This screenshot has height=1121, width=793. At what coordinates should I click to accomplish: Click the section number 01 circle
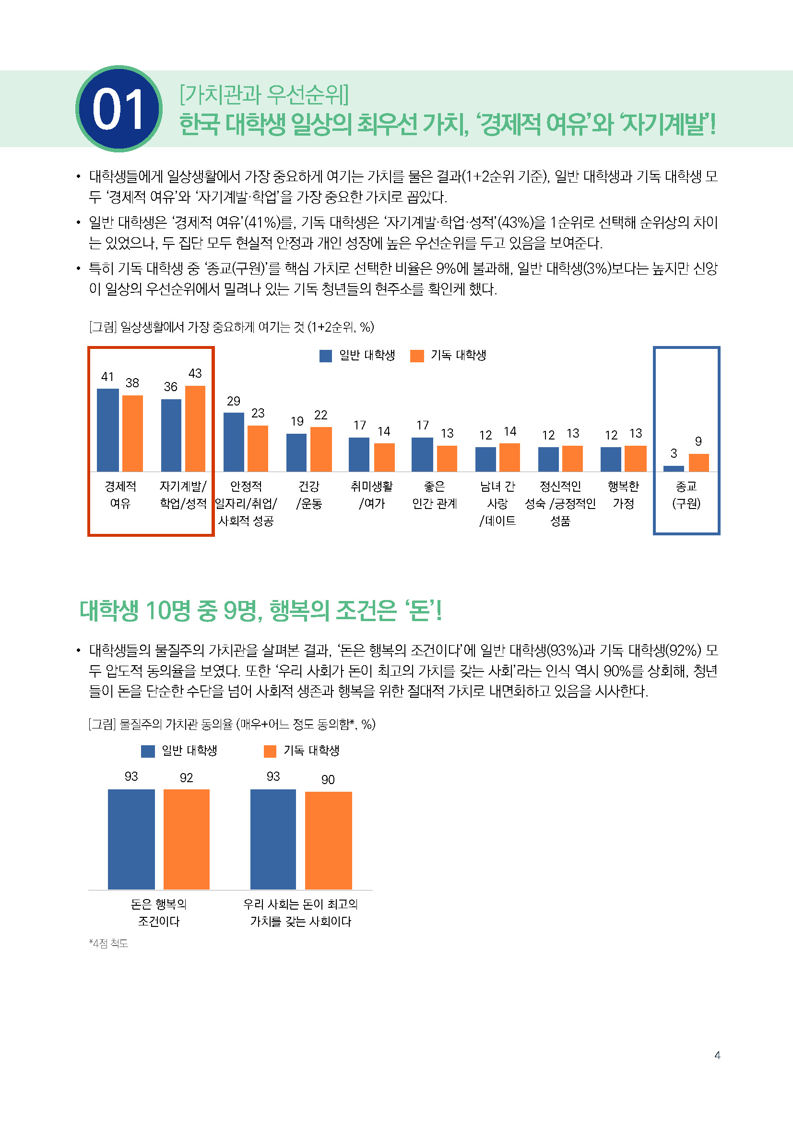[x=118, y=108]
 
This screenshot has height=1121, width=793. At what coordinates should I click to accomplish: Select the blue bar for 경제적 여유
[x=107, y=429]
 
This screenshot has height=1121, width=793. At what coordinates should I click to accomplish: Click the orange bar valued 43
[x=195, y=428]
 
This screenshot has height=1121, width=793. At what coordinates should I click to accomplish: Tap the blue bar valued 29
[x=234, y=442]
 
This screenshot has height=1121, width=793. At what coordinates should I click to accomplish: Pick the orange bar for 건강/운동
[x=320, y=449]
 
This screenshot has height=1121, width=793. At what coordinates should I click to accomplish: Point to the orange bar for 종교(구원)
[x=698, y=462]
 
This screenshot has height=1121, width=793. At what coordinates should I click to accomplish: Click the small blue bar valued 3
[x=673, y=469]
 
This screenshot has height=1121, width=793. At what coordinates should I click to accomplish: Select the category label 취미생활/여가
[x=371, y=495]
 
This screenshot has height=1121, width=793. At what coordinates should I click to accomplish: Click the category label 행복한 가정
[x=623, y=495]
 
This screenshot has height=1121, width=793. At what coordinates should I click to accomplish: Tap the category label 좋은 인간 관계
[x=434, y=495]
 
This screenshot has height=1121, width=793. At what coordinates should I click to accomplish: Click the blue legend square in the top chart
[x=325, y=356]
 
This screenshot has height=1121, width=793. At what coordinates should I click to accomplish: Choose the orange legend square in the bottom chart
[x=270, y=751]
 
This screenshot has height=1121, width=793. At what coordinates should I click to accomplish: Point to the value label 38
[x=132, y=383]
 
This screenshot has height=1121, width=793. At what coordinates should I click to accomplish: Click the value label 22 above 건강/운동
[x=320, y=415]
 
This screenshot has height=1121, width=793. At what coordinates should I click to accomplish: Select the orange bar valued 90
[x=328, y=840]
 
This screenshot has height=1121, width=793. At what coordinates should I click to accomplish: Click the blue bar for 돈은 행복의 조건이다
[x=131, y=839]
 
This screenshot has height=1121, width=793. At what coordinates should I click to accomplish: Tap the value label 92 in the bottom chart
[x=186, y=778]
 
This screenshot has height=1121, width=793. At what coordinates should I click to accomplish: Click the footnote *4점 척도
[x=108, y=943]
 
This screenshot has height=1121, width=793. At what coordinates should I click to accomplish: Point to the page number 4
[x=717, y=1055]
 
